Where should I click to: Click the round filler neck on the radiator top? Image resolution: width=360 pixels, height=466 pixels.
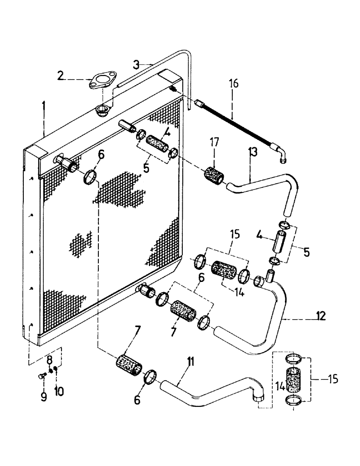coord(101,110)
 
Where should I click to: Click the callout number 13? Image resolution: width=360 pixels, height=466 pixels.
coord(252,151)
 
